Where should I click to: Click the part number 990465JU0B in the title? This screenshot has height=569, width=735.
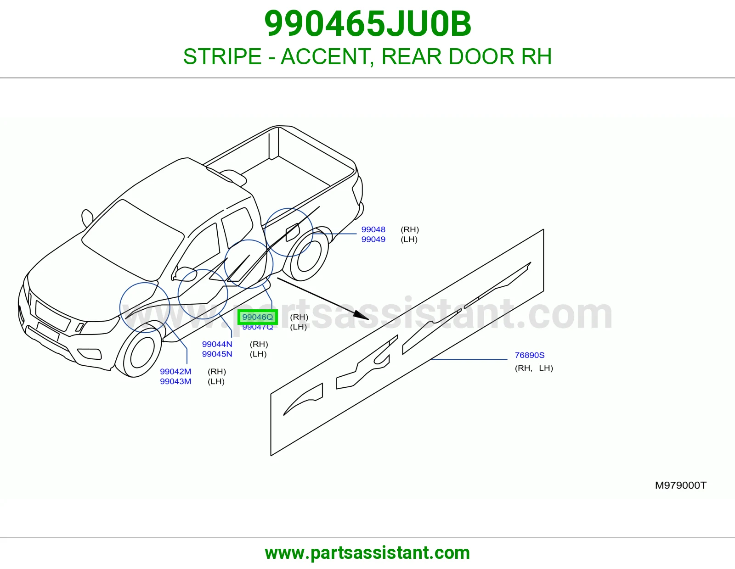pyautogui.click(x=367, y=24)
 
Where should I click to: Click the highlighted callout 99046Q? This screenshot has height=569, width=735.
pyautogui.click(x=257, y=317)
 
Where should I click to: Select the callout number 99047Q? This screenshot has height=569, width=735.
pyautogui.click(x=257, y=327)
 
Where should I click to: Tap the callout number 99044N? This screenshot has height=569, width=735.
pyautogui.click(x=217, y=344)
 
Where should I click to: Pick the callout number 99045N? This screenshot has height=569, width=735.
pyautogui.click(x=217, y=354)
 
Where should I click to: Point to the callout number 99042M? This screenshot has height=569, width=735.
pyautogui.click(x=175, y=372)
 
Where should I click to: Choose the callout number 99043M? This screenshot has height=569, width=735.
pyautogui.click(x=175, y=381)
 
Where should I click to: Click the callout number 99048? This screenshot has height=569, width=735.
pyautogui.click(x=373, y=229)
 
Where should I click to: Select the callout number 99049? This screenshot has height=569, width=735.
pyautogui.click(x=373, y=240)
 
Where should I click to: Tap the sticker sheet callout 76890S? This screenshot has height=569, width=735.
pyautogui.click(x=530, y=355)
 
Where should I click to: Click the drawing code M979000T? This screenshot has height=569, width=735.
pyautogui.click(x=680, y=485)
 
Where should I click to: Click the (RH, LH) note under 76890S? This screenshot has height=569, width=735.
pyautogui.click(x=534, y=368)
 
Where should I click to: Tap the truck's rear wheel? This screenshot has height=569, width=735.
pyautogui.click(x=306, y=253)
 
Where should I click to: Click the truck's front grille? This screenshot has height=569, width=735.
pyautogui.click(x=53, y=316)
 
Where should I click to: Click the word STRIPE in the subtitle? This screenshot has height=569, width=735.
pyautogui.click(x=222, y=56)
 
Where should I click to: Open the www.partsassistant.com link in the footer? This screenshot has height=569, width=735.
pyautogui.click(x=367, y=553)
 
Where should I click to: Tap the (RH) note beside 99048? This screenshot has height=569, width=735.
pyautogui.click(x=410, y=229)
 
